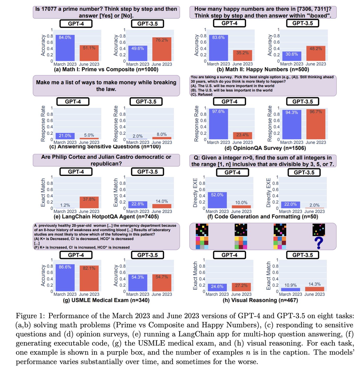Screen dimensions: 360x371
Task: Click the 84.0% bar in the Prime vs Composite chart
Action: (65, 48)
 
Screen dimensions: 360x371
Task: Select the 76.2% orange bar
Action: (162, 49)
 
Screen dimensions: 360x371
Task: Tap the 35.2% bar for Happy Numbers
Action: (242, 55)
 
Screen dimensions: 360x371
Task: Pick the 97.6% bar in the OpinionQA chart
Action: (219, 124)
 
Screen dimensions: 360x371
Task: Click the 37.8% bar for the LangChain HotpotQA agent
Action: (89, 202)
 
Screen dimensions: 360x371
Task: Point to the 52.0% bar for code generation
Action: (217, 200)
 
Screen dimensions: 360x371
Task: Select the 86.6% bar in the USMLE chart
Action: (65, 278)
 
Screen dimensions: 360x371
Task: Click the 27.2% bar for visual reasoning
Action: (241, 287)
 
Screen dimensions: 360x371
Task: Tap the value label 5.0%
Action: (89, 135)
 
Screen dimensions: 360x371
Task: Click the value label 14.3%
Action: (315, 284)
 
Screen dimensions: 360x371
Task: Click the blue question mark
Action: (319, 243)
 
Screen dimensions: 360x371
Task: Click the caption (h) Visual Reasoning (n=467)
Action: (260, 300)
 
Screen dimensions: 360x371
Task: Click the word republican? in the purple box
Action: (106, 163)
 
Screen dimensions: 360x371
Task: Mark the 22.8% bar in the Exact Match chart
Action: (138, 205)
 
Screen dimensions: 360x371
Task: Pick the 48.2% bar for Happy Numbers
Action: (315, 53)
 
